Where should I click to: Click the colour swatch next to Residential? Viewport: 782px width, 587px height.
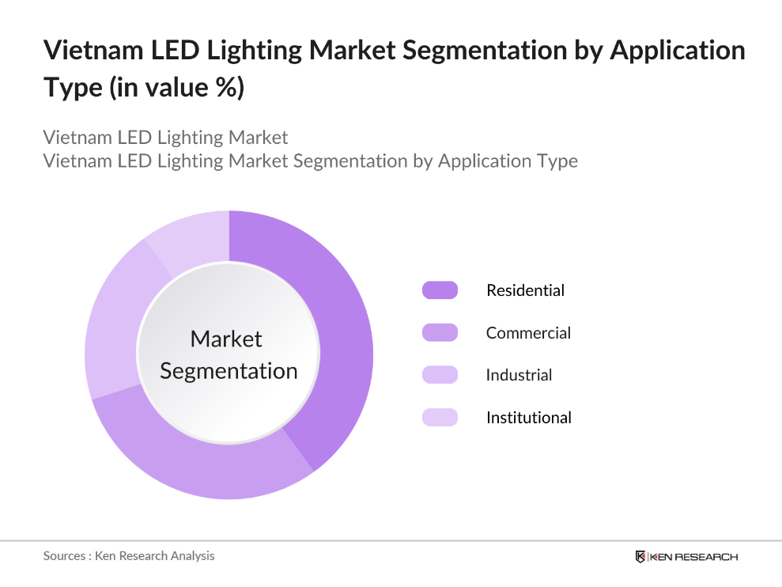click(x=440, y=290)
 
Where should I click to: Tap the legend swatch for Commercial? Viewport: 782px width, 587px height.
click(x=440, y=333)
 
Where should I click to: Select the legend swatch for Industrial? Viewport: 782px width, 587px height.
click(x=440, y=375)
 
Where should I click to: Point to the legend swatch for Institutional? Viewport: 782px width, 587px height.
click(x=440, y=418)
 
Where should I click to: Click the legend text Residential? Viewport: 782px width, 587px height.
click(x=525, y=290)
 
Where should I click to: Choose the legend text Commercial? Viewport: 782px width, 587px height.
click(x=528, y=333)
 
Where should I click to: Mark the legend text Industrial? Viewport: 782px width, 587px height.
click(x=519, y=375)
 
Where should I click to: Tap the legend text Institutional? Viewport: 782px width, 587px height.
click(x=528, y=418)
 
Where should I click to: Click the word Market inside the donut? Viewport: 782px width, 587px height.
click(x=226, y=339)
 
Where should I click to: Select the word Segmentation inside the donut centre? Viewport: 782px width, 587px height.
click(x=229, y=371)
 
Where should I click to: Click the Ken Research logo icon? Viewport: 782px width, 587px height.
click(x=640, y=557)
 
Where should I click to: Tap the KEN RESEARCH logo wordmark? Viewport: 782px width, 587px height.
click(x=694, y=557)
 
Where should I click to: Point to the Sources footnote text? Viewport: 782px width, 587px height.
click(x=129, y=556)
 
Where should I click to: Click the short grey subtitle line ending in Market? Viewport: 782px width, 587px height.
click(x=166, y=138)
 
